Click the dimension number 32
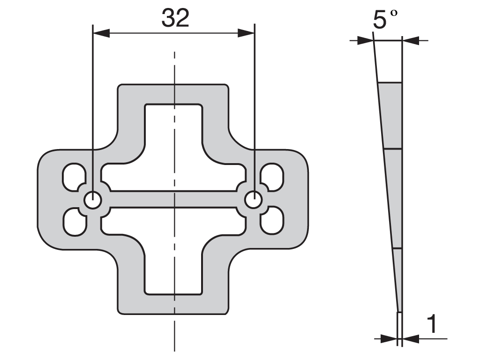tap(175, 18)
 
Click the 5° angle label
tap(385, 19)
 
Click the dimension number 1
tap(432, 324)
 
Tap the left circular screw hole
tap(93, 201)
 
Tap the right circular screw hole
tap(254, 200)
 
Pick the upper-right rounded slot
tap(272, 176)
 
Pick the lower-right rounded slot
tap(272, 221)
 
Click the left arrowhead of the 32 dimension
tap(101, 33)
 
